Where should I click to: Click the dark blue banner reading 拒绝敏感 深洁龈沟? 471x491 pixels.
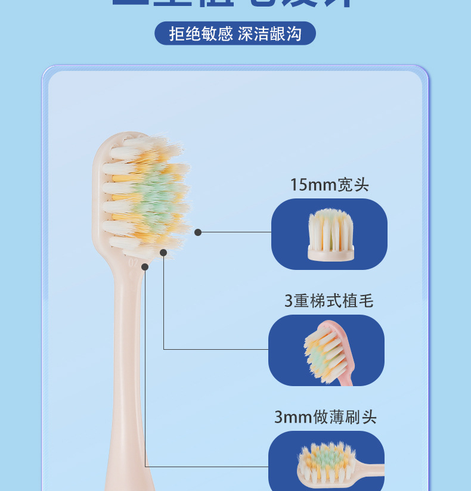[x=235, y=33]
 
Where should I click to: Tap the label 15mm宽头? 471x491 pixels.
[x=329, y=185]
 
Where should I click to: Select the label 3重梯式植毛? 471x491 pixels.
[x=329, y=301]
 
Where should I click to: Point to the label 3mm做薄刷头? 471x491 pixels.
[x=326, y=417]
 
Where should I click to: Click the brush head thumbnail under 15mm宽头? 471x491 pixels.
[x=330, y=234]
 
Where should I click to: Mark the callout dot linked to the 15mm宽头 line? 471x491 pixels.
[x=198, y=232]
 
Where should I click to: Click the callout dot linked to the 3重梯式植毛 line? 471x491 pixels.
[x=164, y=253]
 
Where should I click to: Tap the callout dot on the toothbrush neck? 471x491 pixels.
[x=145, y=267]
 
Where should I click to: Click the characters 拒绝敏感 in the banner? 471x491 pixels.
[x=200, y=33]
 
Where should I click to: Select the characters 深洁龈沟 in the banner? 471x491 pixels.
[x=269, y=33]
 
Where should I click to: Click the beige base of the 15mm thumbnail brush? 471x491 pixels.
[x=331, y=253]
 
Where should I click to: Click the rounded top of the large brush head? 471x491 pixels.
[x=119, y=140]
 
